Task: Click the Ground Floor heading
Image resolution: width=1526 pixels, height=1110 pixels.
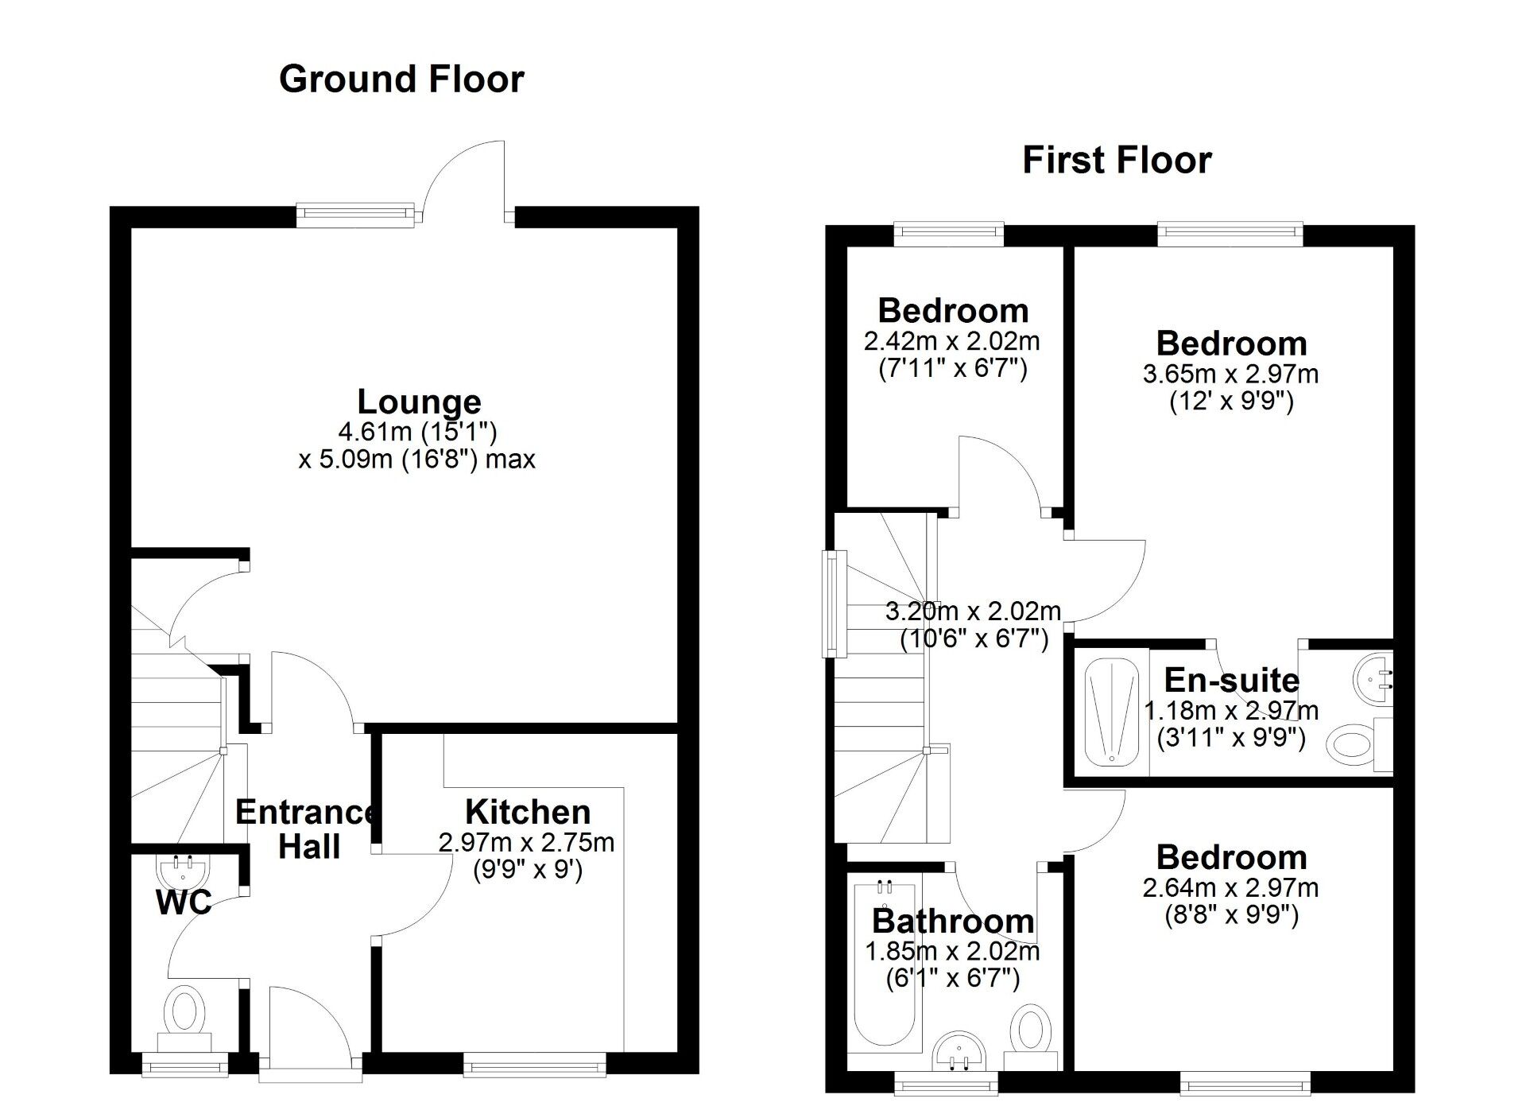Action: coord(401,80)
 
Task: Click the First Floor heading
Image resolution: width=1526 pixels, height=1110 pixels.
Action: coord(1117,160)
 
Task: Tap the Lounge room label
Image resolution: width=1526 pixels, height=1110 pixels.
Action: coord(419,402)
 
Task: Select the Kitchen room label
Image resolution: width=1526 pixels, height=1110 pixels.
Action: coord(528,812)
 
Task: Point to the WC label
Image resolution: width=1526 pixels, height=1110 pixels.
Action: coord(184,902)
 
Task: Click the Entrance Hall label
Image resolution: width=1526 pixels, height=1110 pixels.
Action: coord(308,829)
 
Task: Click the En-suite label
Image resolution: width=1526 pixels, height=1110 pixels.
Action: coord(1231,680)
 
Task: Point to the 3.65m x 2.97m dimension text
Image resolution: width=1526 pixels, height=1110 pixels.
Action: coord(1230,374)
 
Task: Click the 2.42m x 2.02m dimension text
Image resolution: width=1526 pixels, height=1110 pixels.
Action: coord(951,341)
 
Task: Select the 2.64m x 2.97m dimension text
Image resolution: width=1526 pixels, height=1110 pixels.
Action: coord(1230,887)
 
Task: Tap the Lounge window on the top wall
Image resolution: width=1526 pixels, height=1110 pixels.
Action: coord(355,213)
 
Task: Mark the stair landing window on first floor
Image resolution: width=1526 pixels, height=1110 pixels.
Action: coord(830,604)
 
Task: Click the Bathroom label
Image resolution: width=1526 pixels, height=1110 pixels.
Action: coord(953,921)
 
